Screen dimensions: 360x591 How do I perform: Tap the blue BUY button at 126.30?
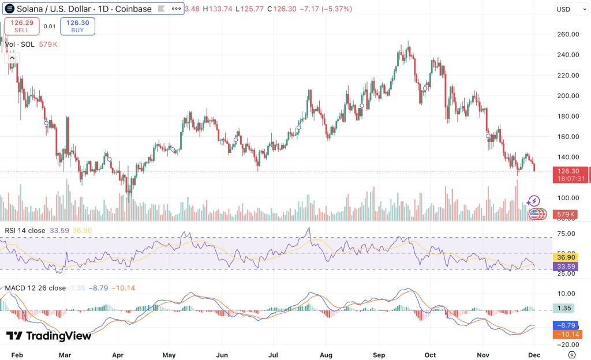point(77,26)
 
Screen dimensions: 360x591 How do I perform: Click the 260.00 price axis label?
point(568,34)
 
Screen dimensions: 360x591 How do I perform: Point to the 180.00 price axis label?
point(568,116)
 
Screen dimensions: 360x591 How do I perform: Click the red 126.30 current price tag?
point(570,171)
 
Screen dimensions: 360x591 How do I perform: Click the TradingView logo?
point(49,336)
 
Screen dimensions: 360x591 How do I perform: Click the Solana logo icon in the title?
point(10,9)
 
